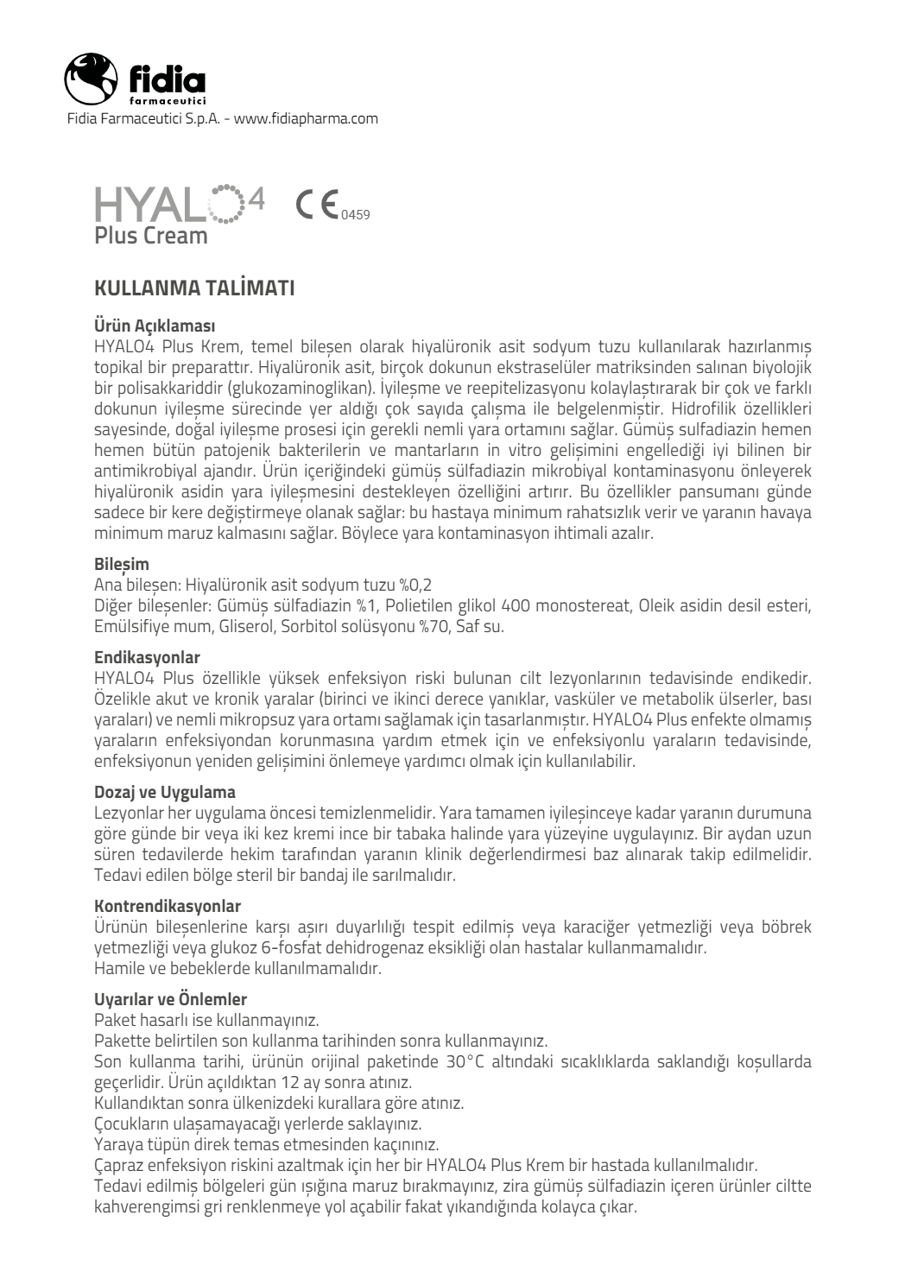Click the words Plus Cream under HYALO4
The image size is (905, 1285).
151,235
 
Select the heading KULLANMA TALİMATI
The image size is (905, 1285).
194,288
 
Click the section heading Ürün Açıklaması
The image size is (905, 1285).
155,326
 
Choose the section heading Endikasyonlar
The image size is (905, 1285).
147,658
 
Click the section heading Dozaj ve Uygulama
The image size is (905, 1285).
164,791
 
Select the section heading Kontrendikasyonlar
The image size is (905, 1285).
168,906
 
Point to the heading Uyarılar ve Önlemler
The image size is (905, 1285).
170,999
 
